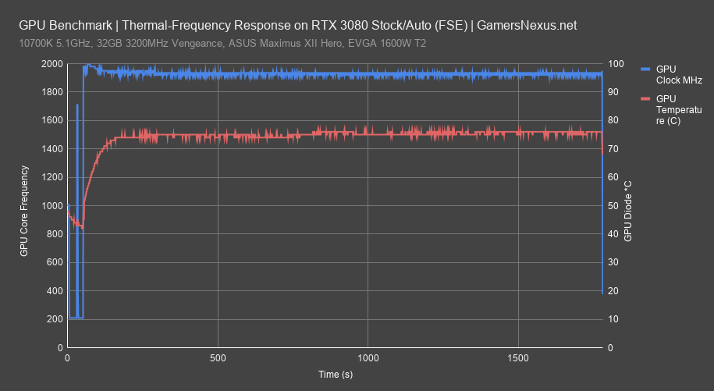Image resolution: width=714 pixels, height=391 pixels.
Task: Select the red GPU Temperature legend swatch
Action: click(645, 99)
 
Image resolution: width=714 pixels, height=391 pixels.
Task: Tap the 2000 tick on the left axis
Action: click(53, 64)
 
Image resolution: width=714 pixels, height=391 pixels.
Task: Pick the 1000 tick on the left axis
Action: click(53, 206)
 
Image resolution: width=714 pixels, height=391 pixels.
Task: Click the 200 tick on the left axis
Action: click(55, 319)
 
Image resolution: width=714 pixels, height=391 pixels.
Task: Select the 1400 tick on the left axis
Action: click(53, 149)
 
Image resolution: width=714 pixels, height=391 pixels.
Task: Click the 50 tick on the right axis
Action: click(614, 206)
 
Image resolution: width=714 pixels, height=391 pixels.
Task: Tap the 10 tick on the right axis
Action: click(614, 319)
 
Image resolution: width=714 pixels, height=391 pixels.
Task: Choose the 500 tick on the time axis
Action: click(218, 358)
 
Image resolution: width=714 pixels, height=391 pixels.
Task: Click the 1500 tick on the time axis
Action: click(518, 358)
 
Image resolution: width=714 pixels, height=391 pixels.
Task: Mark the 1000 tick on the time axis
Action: click(368, 358)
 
